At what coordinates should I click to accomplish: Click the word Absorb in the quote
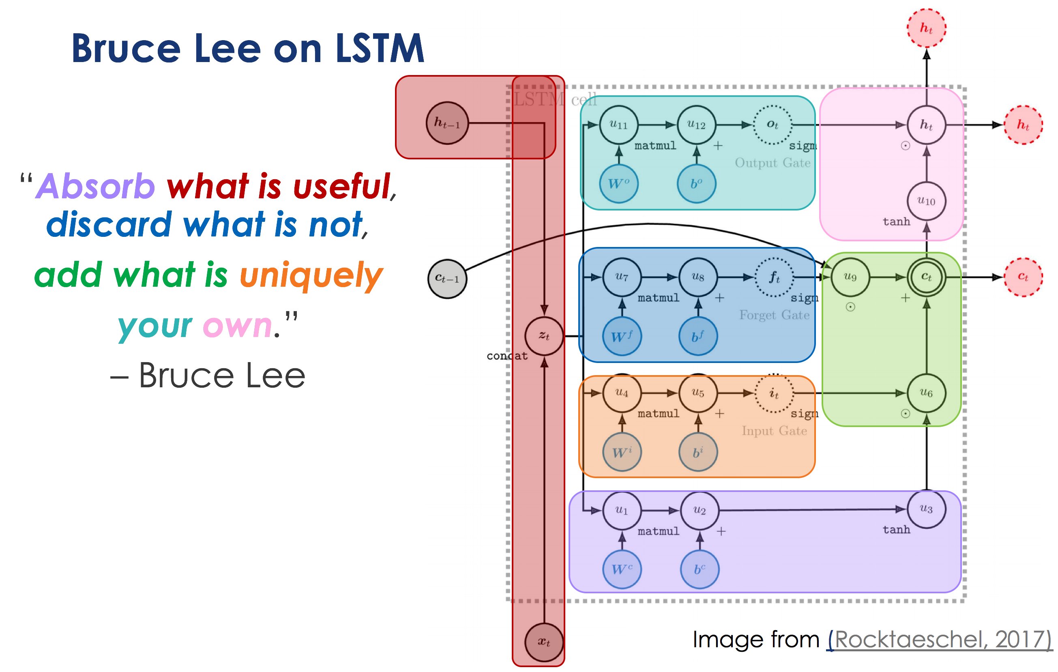[x=95, y=186]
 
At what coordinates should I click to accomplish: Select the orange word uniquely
[x=311, y=275]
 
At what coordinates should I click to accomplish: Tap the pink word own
[x=237, y=326]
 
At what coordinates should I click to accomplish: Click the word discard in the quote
[x=109, y=224]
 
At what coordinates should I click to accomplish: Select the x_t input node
[x=544, y=642]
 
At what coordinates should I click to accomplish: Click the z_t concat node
[x=544, y=336]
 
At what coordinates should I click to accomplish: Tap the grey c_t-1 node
[x=447, y=279]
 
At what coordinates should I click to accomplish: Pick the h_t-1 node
[x=447, y=123]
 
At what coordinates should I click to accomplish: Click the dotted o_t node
[x=773, y=125]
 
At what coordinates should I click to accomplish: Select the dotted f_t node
[x=774, y=277]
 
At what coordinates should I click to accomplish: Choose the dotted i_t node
[x=774, y=393]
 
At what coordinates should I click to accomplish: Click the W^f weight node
[x=622, y=337]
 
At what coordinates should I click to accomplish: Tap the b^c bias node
[x=700, y=569]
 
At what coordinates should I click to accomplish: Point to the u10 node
[x=926, y=201]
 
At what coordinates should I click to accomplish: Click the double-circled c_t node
[x=926, y=277]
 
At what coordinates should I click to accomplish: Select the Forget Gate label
[x=774, y=315]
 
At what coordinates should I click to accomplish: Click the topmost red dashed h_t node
[x=926, y=28]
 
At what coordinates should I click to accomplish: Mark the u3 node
[x=926, y=509]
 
